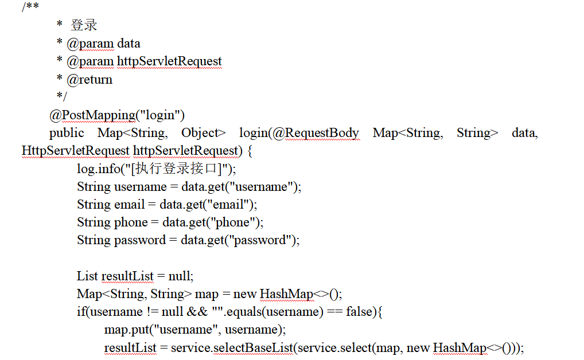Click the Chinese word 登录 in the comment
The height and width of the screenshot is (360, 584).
click(x=84, y=25)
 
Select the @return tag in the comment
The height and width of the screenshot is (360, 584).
click(x=89, y=80)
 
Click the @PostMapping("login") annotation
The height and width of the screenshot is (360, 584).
click(x=117, y=115)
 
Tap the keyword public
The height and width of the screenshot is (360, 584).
click(x=67, y=133)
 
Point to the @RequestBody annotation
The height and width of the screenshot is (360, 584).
click(x=316, y=133)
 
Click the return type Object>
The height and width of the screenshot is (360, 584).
click(x=204, y=133)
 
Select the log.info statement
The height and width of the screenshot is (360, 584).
click(x=156, y=169)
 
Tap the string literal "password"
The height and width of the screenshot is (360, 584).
click(x=262, y=240)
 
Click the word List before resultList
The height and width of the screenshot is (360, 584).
click(x=87, y=276)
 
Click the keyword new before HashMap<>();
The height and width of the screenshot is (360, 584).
click(x=245, y=294)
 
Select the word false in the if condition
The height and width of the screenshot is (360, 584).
click(x=359, y=312)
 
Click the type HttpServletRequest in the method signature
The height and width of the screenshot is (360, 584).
click(x=75, y=151)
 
